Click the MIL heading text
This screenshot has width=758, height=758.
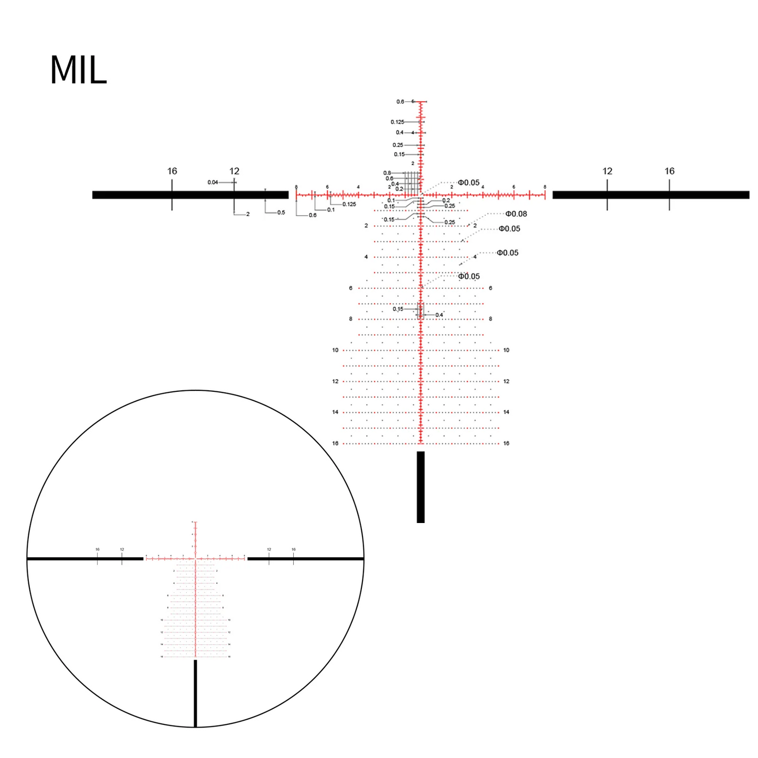pos(79,70)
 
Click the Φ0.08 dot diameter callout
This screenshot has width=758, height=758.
pos(516,214)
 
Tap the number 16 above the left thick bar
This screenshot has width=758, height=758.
pos(172,171)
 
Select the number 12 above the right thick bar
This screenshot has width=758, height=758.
pos(607,171)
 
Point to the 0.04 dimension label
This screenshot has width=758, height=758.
pos(212,183)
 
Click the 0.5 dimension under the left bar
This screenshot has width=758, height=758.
pos(281,212)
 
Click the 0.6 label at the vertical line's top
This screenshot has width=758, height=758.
pos(400,102)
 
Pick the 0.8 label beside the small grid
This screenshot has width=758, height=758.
pos(387,173)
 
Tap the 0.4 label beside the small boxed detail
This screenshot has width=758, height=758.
pos(439,315)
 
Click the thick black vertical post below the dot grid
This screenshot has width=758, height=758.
pos(421,487)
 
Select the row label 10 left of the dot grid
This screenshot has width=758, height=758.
pos(335,350)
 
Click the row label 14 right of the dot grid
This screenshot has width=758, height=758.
pos(506,412)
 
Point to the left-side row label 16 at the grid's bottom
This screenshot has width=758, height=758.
pos(335,443)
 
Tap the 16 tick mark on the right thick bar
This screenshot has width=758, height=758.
pos(669,195)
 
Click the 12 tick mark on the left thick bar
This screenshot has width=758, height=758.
pos(234,195)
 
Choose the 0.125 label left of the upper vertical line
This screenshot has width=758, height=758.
pos(397,122)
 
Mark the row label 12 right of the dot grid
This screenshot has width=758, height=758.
pos(506,381)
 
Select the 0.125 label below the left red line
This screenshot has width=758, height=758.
pos(349,204)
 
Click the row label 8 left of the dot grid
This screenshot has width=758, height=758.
pos(351,319)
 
